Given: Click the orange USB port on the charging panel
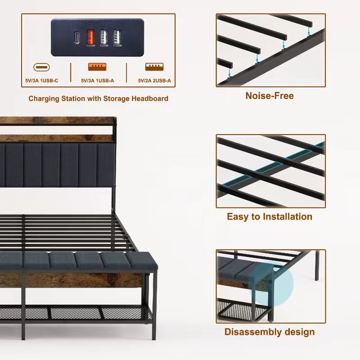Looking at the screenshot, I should (90, 37).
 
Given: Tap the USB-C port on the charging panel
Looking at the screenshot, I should (77, 37).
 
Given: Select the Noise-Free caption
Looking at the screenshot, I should (269, 96).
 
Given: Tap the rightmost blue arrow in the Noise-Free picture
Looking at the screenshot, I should (308, 30).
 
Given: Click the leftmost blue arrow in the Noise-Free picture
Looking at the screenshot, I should (229, 72).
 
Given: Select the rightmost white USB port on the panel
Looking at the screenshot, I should (117, 37).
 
